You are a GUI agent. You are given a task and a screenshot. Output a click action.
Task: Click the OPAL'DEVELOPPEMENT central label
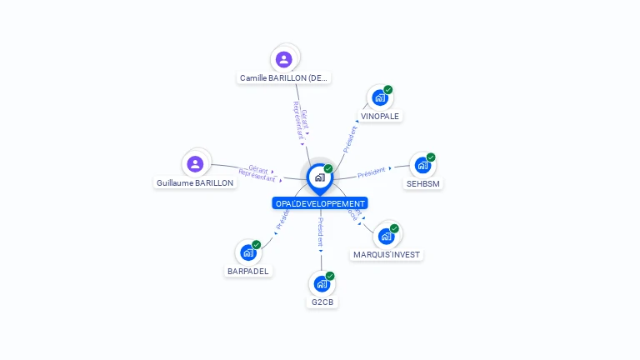(320, 203)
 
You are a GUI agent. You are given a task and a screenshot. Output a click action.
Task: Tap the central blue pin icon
(319, 177)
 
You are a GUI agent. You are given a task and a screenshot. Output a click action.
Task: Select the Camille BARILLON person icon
(284, 59)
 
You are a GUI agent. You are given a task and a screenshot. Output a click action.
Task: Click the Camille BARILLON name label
(285, 78)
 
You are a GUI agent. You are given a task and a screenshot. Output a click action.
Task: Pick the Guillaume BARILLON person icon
(195, 163)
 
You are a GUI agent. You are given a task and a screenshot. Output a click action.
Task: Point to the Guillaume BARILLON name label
(195, 182)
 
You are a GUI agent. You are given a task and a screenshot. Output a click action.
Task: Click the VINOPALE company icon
(380, 97)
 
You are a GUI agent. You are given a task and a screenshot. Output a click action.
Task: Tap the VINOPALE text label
(380, 117)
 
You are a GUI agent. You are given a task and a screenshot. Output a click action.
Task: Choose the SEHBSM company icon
(422, 165)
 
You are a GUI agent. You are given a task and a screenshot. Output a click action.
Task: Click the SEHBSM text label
(422, 183)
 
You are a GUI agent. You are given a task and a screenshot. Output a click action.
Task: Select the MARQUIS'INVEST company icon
(386, 236)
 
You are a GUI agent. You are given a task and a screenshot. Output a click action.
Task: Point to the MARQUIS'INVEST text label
(387, 255)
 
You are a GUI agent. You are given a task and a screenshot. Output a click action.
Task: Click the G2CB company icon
(322, 283)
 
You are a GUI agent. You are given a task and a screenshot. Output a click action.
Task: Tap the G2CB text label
(322, 302)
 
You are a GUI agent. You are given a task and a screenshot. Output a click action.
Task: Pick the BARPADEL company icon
(248, 252)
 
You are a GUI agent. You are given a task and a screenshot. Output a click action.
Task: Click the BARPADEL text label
(248, 271)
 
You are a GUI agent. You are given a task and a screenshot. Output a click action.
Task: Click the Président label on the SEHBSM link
(371, 172)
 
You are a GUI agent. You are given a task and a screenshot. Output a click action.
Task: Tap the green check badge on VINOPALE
(388, 90)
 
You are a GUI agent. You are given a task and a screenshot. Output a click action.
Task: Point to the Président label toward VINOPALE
(350, 138)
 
